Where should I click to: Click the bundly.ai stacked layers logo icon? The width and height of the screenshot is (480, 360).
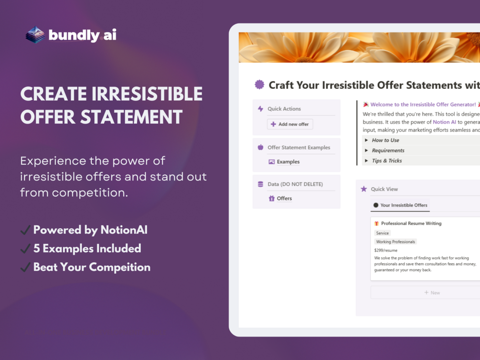pos(35,34)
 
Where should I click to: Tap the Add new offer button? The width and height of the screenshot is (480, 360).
pos(290,124)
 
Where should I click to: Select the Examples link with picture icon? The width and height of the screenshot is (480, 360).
pos(284,162)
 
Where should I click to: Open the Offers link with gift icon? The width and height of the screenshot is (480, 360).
pos(280,198)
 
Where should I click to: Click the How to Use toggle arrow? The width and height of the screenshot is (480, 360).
pos(366,140)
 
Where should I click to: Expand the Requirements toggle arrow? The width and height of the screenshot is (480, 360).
pos(366,150)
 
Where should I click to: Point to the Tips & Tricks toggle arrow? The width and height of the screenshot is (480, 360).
pos(366,161)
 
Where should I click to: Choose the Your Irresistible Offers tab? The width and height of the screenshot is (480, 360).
pos(400,205)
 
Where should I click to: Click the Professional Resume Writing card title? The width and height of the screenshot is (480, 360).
pos(411,223)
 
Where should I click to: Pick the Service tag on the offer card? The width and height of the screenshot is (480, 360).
pos(383,233)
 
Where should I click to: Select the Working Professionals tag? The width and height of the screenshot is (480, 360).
pos(395,242)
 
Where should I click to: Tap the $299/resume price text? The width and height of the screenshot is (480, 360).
pos(386,250)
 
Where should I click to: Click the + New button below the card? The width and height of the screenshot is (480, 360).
pos(432,293)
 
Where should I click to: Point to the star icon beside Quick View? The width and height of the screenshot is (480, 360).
pos(363,189)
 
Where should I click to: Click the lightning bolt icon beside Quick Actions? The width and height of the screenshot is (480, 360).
pos(260,109)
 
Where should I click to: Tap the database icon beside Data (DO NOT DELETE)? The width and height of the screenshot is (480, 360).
pos(260,184)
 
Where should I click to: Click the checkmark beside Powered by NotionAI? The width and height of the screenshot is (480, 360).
pos(25,230)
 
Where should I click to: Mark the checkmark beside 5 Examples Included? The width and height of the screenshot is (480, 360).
pos(25,249)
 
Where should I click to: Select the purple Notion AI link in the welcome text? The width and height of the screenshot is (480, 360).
pos(444,122)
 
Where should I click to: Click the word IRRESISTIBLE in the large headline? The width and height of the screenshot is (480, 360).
pos(147,94)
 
